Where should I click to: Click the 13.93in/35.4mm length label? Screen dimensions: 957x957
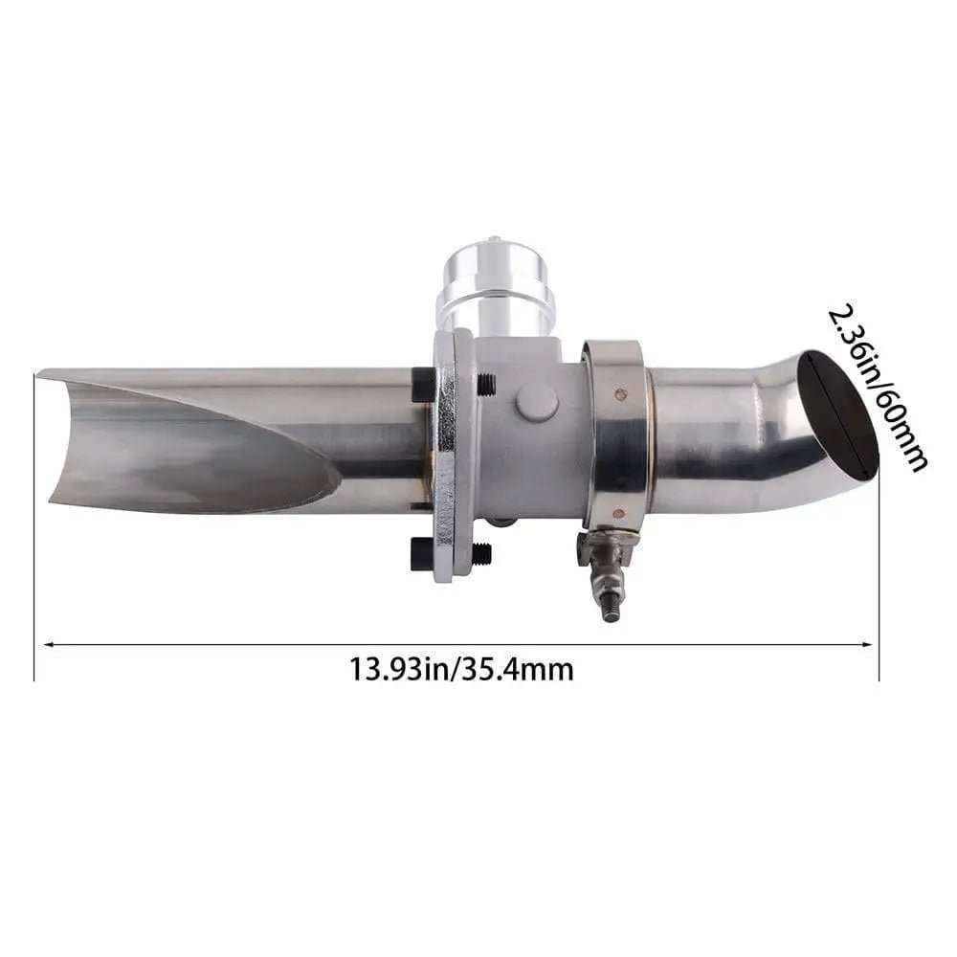point(461,670)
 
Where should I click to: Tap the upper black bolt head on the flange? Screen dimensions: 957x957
point(423,385)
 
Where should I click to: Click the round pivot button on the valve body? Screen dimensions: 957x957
point(537,404)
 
